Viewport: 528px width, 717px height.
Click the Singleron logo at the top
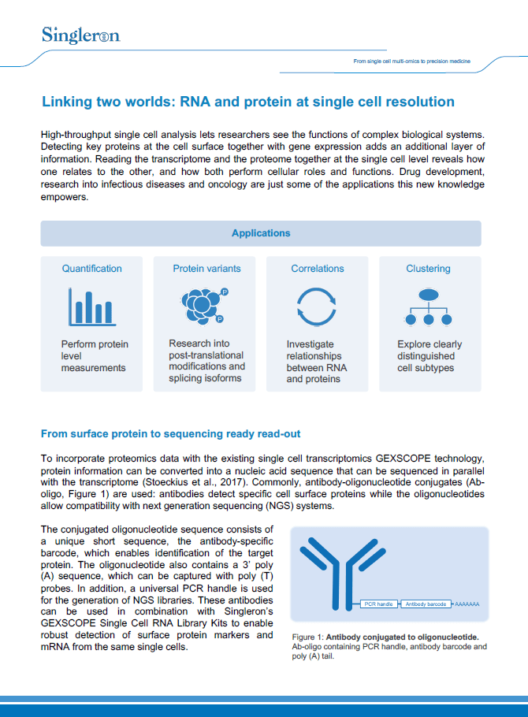coord(80,35)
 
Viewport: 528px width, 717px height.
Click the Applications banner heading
coord(261,233)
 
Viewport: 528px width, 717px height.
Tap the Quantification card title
coord(92,269)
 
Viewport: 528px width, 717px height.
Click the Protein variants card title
coord(206,269)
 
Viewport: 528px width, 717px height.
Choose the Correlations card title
coord(318,269)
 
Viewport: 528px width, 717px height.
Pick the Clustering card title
coord(428,269)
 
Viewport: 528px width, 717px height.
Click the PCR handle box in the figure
coord(379,604)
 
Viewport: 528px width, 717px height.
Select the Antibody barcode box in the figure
coord(426,604)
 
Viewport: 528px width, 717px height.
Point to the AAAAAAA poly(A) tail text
coord(467,604)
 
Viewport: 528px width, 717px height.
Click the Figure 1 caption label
coord(308,636)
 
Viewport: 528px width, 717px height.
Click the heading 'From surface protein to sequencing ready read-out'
coord(170,434)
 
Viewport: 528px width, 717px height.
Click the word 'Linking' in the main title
coord(67,102)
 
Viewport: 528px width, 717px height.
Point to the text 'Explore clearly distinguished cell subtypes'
coord(429,356)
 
